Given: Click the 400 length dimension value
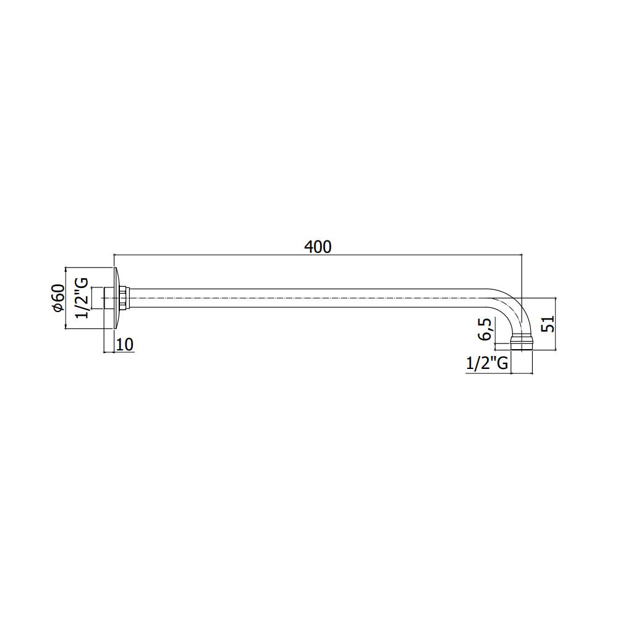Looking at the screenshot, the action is (x=318, y=247).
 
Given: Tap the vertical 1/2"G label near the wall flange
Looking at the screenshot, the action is (x=82, y=298).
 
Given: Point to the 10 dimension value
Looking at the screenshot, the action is (x=125, y=344).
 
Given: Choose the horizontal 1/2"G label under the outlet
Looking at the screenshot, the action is (x=487, y=363).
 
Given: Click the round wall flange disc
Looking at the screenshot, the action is (x=116, y=298).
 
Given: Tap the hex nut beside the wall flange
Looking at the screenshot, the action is (x=124, y=298).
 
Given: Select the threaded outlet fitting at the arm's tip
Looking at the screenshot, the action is (x=522, y=343).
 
